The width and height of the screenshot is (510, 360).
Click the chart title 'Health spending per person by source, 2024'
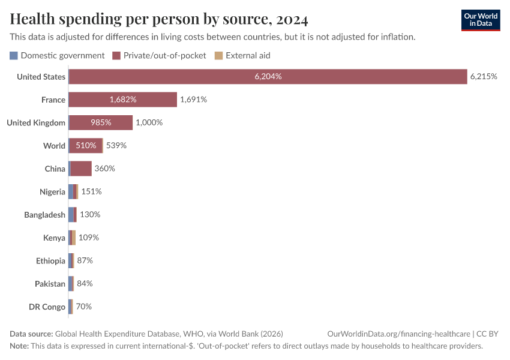159,20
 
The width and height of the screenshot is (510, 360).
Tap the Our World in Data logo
481,20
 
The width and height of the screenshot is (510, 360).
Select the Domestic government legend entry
57,56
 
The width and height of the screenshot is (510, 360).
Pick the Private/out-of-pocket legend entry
159,56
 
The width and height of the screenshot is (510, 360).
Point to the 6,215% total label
484,77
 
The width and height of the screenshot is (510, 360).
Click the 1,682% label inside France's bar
123,100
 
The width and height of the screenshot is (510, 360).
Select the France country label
53,100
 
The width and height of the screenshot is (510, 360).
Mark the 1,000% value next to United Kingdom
149,122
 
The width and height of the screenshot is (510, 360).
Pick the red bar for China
81,169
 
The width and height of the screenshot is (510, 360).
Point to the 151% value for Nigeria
91,191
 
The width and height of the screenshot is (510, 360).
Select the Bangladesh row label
44,215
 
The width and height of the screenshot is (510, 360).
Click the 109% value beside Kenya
88,238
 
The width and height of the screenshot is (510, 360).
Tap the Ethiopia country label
50,261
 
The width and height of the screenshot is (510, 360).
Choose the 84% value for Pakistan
85,284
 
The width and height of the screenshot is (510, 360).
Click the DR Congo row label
47,307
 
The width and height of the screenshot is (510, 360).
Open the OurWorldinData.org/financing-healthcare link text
398,334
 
